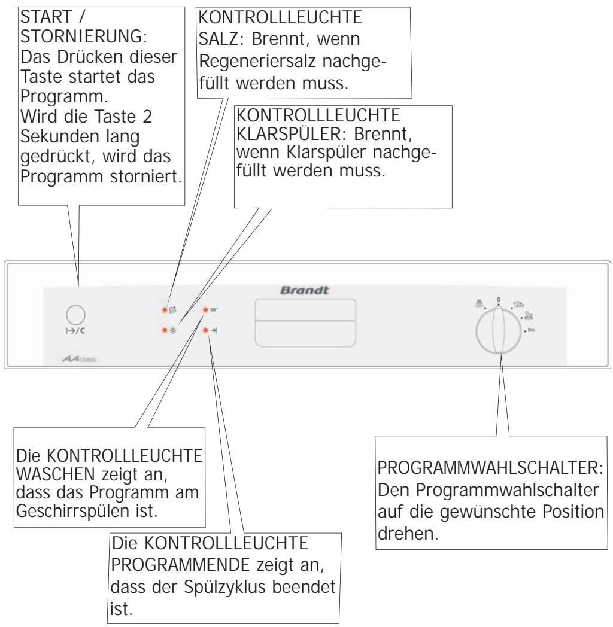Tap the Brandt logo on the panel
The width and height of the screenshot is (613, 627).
pyautogui.click(x=306, y=288)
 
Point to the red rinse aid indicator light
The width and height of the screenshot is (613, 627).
pyautogui.click(x=162, y=330)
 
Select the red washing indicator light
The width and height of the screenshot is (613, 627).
pyautogui.click(x=205, y=310)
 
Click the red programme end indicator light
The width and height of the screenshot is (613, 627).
pyautogui.click(x=205, y=330)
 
